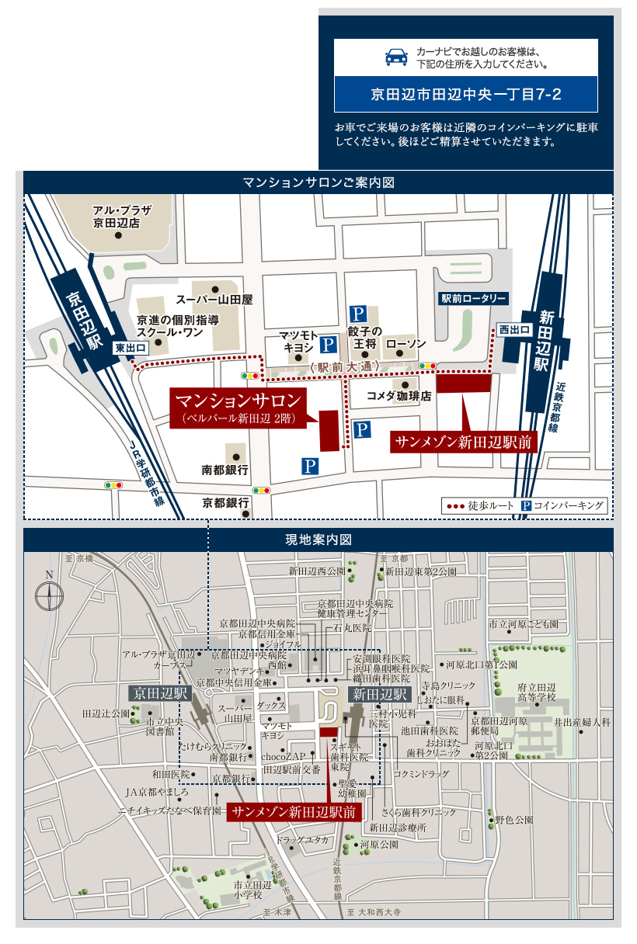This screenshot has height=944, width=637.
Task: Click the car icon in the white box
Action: click(x=396, y=57)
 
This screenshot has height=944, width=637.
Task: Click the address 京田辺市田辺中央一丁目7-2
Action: click(x=465, y=95)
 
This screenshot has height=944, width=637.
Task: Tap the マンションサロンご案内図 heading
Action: click(x=318, y=182)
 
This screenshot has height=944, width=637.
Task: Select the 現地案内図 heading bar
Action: click(x=318, y=539)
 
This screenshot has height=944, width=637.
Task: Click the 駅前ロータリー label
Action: click(x=474, y=298)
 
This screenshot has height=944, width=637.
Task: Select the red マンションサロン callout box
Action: click(x=238, y=407)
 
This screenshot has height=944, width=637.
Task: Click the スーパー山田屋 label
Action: click(x=215, y=299)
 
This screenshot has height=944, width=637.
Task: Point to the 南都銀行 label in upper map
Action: click(x=225, y=470)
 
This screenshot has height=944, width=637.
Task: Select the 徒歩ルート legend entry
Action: click(x=479, y=506)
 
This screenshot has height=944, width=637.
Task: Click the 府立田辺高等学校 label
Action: click(x=537, y=692)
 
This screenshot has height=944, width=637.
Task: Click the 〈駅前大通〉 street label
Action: click(x=344, y=366)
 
